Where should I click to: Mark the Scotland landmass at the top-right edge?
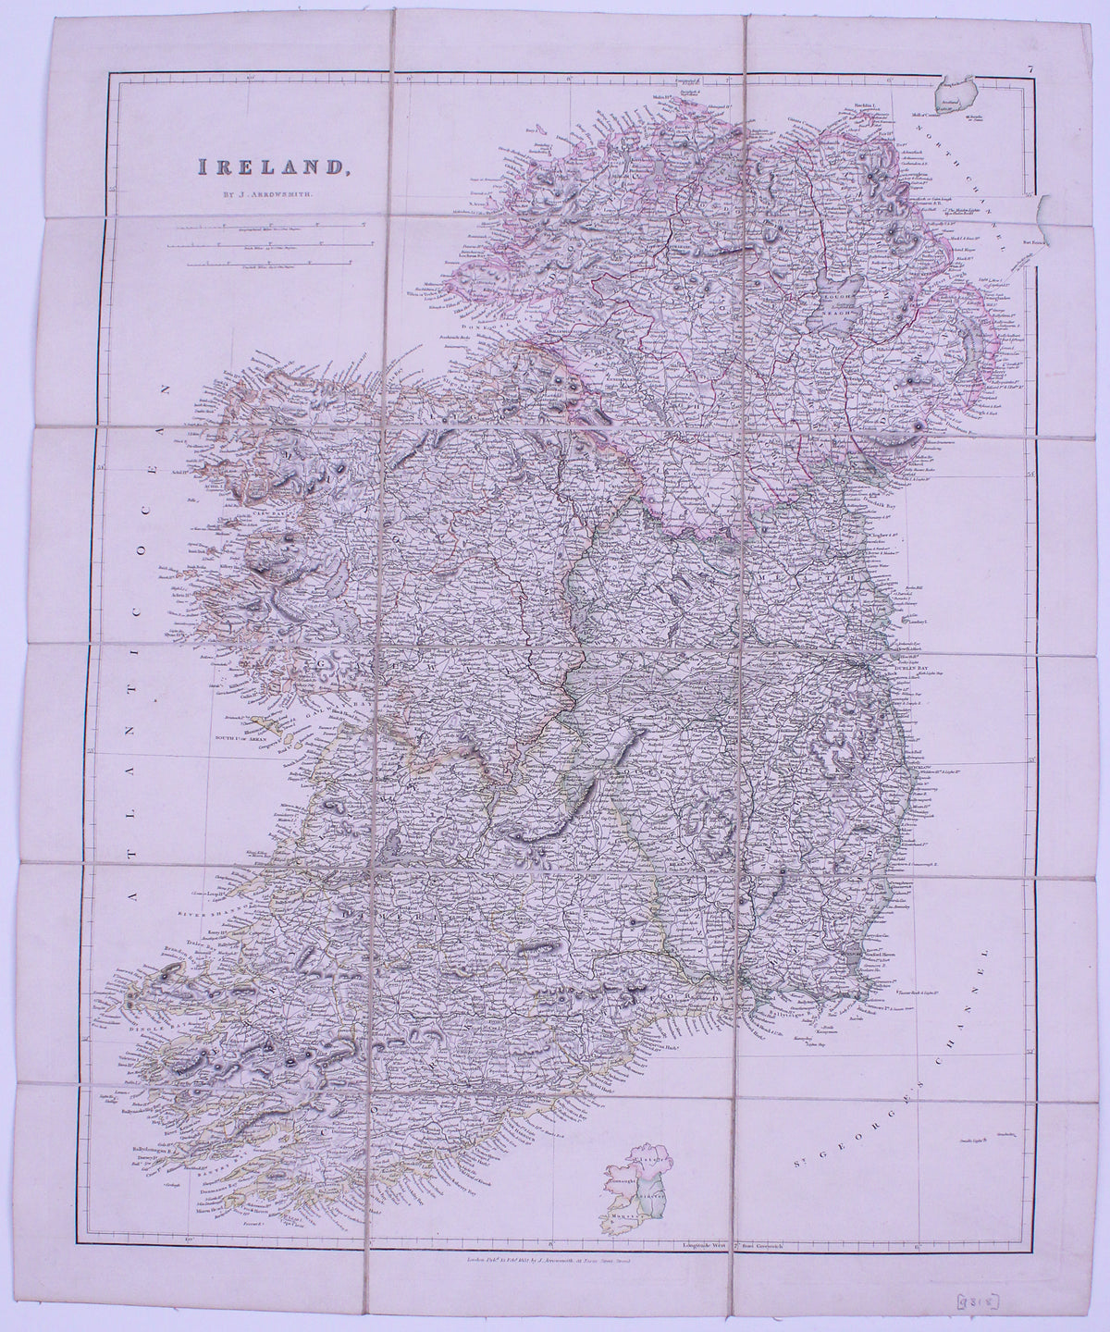tap(957, 95)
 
